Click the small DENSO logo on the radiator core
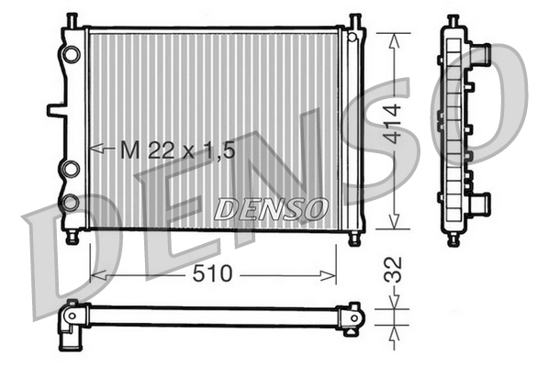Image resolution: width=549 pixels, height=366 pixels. (x=270, y=209)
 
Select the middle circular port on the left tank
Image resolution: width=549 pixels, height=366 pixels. (x=71, y=168)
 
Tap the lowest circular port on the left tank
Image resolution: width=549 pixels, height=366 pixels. (x=71, y=201)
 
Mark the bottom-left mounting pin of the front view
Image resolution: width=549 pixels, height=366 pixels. (x=73, y=238)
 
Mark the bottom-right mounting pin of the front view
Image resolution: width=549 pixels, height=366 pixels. (x=355, y=238)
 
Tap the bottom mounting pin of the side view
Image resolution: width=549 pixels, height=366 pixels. (x=454, y=240)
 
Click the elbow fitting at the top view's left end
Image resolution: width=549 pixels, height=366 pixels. (x=69, y=327)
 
